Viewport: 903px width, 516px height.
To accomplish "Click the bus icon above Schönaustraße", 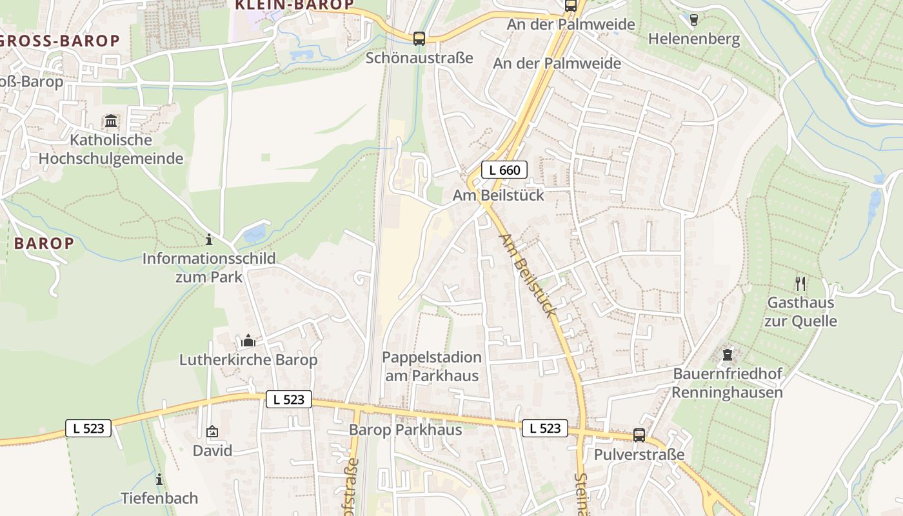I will coord(419,39).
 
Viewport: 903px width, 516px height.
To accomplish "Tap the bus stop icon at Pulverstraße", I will coord(639,435).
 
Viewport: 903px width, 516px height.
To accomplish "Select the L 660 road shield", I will coord(504,170).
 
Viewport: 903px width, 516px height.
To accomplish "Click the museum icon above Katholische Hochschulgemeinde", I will coord(111,121).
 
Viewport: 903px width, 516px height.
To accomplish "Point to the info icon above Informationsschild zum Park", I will coord(208,240).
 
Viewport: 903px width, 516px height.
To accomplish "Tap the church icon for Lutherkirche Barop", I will coord(248,341).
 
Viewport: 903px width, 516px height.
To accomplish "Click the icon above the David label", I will coord(212,432).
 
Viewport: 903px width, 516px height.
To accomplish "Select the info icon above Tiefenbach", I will coord(159,479).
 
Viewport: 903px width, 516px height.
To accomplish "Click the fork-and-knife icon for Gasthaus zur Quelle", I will coord(800,283).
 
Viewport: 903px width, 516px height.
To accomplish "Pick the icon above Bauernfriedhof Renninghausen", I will coord(728,355).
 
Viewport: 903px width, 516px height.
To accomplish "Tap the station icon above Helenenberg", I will coord(694,20).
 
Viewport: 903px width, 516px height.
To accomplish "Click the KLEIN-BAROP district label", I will coord(294,5).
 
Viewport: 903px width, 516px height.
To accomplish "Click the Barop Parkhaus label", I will coord(405,430).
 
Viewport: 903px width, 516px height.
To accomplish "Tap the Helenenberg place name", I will coord(694,39).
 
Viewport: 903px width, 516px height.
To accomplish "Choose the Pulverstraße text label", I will coord(639,454).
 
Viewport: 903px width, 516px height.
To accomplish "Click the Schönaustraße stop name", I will coord(419,58).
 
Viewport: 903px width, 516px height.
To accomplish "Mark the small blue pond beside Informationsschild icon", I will coord(255,232).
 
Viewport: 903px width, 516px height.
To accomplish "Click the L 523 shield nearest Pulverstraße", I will coord(545,428).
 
